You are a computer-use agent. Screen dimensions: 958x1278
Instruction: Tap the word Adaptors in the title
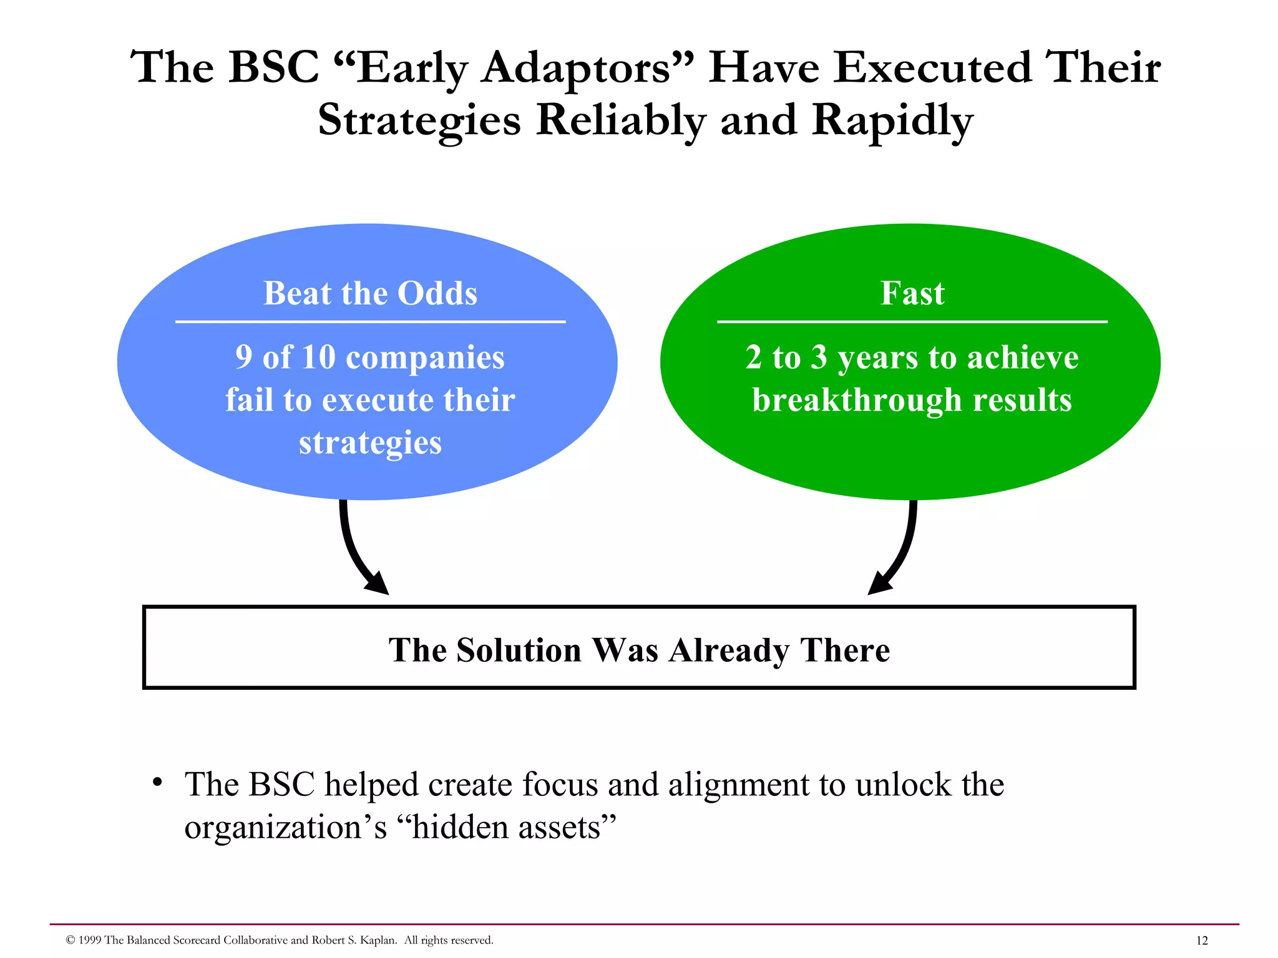tap(575, 69)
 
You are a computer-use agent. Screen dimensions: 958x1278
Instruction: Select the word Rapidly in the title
tap(892, 121)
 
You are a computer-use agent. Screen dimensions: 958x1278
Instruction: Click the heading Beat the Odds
tap(370, 293)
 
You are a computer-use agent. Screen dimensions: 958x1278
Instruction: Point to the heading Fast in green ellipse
tap(912, 293)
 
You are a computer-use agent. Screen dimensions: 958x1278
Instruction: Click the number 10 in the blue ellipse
tap(318, 357)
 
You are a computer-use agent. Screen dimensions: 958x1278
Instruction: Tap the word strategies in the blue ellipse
tap(370, 443)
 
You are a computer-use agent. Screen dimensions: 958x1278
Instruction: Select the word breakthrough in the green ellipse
tap(857, 400)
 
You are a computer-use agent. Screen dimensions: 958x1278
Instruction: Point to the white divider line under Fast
tap(912, 322)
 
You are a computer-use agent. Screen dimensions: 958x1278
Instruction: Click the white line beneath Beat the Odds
tap(370, 322)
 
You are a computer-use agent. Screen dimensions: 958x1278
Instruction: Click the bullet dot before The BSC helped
tap(158, 781)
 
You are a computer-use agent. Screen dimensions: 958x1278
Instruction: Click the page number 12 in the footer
tap(1201, 941)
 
